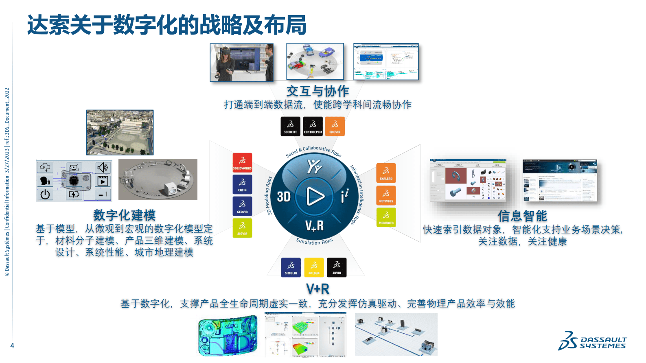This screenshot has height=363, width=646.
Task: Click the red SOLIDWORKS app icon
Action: point(242,163)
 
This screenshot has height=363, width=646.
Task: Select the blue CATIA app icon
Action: point(242,184)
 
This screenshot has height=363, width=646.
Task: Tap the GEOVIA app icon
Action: point(242,206)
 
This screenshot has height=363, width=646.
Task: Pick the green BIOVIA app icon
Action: point(242,228)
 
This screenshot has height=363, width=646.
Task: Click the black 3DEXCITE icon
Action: point(290,126)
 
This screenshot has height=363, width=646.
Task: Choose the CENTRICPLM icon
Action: point(313,126)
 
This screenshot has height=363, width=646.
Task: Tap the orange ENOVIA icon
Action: point(335,126)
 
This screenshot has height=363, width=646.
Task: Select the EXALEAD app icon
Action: point(386,173)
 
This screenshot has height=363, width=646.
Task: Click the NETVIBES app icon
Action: point(386,195)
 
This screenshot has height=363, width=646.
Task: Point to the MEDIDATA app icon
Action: point(386,217)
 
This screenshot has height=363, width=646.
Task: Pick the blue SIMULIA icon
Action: point(291,267)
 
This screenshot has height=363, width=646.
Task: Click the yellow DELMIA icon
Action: point(314,267)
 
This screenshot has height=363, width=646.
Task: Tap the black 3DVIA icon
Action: point(337,267)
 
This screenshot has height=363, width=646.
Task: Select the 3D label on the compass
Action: point(284,197)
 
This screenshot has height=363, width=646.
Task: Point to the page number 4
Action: point(12,346)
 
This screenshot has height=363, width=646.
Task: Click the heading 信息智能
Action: point(522,216)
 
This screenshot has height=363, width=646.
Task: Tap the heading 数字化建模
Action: point(125,215)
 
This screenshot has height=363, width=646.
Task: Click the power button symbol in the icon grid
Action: point(45,195)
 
